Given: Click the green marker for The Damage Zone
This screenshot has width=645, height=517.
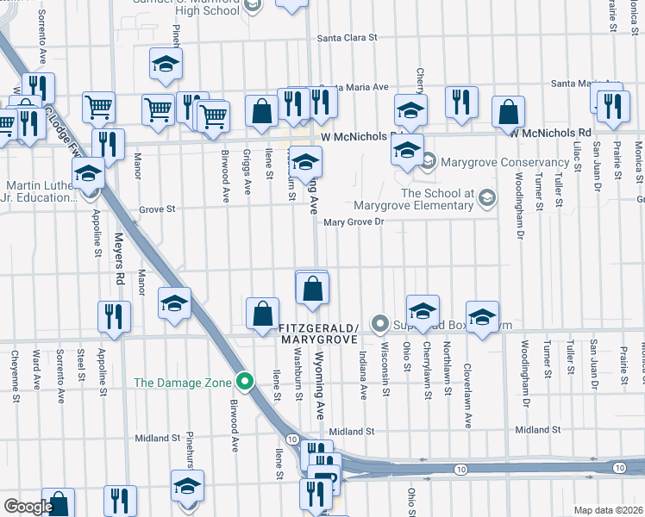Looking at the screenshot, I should [x=245, y=380].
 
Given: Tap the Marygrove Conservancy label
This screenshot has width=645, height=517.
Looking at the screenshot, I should [x=504, y=162].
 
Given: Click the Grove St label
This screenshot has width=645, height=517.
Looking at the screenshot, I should [x=157, y=209].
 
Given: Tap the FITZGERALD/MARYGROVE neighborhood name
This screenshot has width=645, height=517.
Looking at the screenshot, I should [x=317, y=334].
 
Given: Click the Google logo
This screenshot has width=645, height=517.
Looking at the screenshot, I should [x=28, y=507].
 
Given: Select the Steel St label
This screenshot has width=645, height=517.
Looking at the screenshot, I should [x=80, y=364].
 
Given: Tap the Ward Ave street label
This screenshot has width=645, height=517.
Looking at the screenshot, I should [x=37, y=368].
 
